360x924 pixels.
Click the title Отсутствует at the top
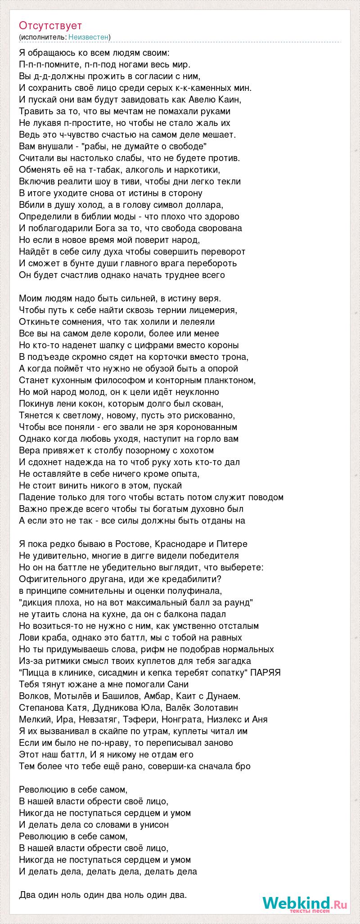[50, 26]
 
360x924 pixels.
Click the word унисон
[153, 825]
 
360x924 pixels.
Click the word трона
[237, 357]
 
